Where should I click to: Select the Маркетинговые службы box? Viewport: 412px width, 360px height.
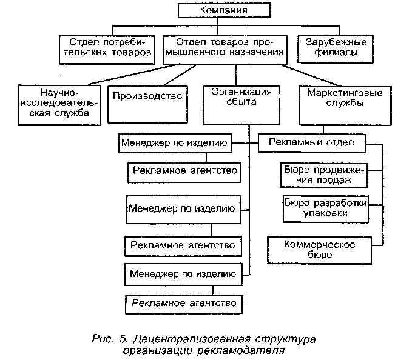[336, 97]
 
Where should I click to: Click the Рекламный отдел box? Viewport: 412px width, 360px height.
[312, 143]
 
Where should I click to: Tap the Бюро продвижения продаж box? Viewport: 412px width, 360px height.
[325, 175]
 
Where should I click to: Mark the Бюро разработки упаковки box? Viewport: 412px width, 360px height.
[325, 207]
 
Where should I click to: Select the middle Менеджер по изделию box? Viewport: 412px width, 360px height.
[181, 210]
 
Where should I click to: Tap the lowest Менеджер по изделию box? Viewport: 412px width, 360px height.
[182, 273]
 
